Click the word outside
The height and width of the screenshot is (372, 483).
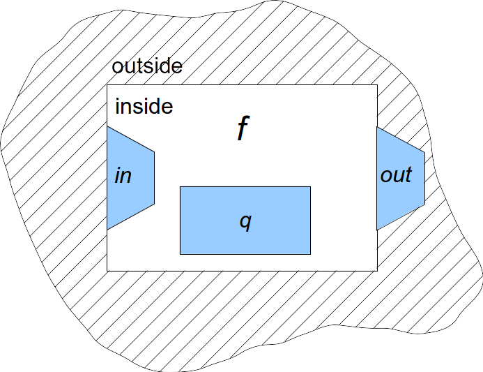(x=147, y=67)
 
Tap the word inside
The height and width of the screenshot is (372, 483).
(x=144, y=107)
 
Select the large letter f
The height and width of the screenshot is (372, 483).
(x=242, y=129)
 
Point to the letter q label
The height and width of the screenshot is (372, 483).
(x=245, y=221)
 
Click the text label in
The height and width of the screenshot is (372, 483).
(x=123, y=175)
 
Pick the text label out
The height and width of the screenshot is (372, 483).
(x=396, y=175)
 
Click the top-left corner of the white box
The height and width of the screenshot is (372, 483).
(x=107, y=85)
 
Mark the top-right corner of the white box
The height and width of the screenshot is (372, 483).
(x=377, y=85)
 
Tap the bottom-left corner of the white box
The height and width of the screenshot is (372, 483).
(x=107, y=270)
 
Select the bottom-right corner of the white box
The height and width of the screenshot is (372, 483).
(x=377, y=270)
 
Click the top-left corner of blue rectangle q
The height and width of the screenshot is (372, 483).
(x=181, y=187)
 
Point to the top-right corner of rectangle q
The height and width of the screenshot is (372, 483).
(x=310, y=187)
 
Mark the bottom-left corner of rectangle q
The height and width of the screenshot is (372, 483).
(x=181, y=254)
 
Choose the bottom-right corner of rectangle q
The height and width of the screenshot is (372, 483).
(x=310, y=254)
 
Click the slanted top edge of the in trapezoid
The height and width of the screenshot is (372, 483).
(x=130, y=139)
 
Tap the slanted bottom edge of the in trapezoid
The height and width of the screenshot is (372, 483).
(x=130, y=216)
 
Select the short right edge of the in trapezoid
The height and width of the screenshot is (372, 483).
(x=153, y=177)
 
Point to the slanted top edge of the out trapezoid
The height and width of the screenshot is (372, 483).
(x=401, y=139)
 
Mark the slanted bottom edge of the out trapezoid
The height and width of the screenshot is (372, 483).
(x=401, y=218)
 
